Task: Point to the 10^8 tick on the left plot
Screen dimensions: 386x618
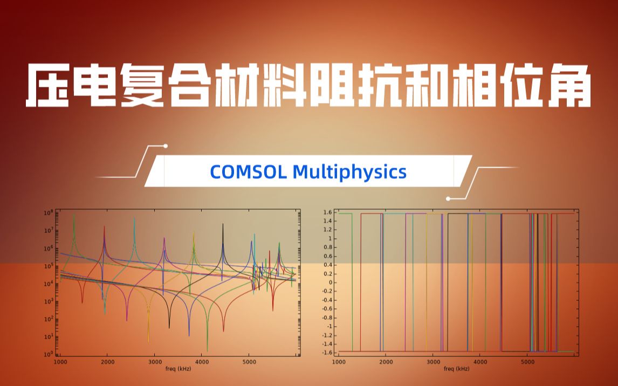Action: pyautogui.click(x=49, y=213)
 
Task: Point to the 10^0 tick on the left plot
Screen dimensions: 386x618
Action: pyautogui.click(x=49, y=354)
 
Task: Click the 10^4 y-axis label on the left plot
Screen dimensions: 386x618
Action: pyautogui.click(x=49, y=284)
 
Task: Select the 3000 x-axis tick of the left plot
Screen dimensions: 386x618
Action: pyautogui.click(x=154, y=362)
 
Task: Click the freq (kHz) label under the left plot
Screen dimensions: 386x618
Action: pyautogui.click(x=177, y=369)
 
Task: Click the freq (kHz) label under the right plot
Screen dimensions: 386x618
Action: pyautogui.click(x=456, y=369)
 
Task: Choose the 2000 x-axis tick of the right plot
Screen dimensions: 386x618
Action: pyautogui.click(x=386, y=362)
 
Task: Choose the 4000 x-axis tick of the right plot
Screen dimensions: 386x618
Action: pyautogui.click(x=480, y=362)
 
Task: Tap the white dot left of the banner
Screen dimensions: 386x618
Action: pyautogui.click(x=166, y=146)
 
